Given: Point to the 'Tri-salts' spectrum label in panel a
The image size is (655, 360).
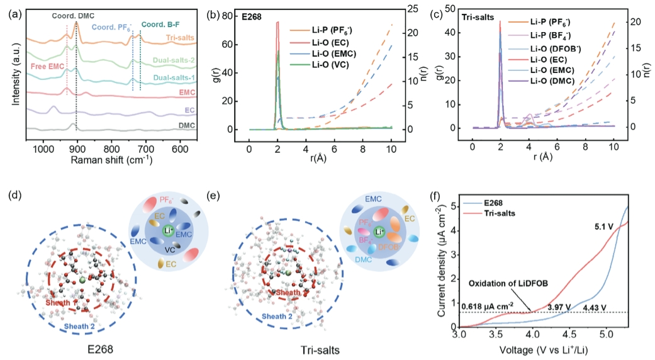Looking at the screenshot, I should (179, 38).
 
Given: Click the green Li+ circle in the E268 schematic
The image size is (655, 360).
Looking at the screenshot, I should (167, 232).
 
